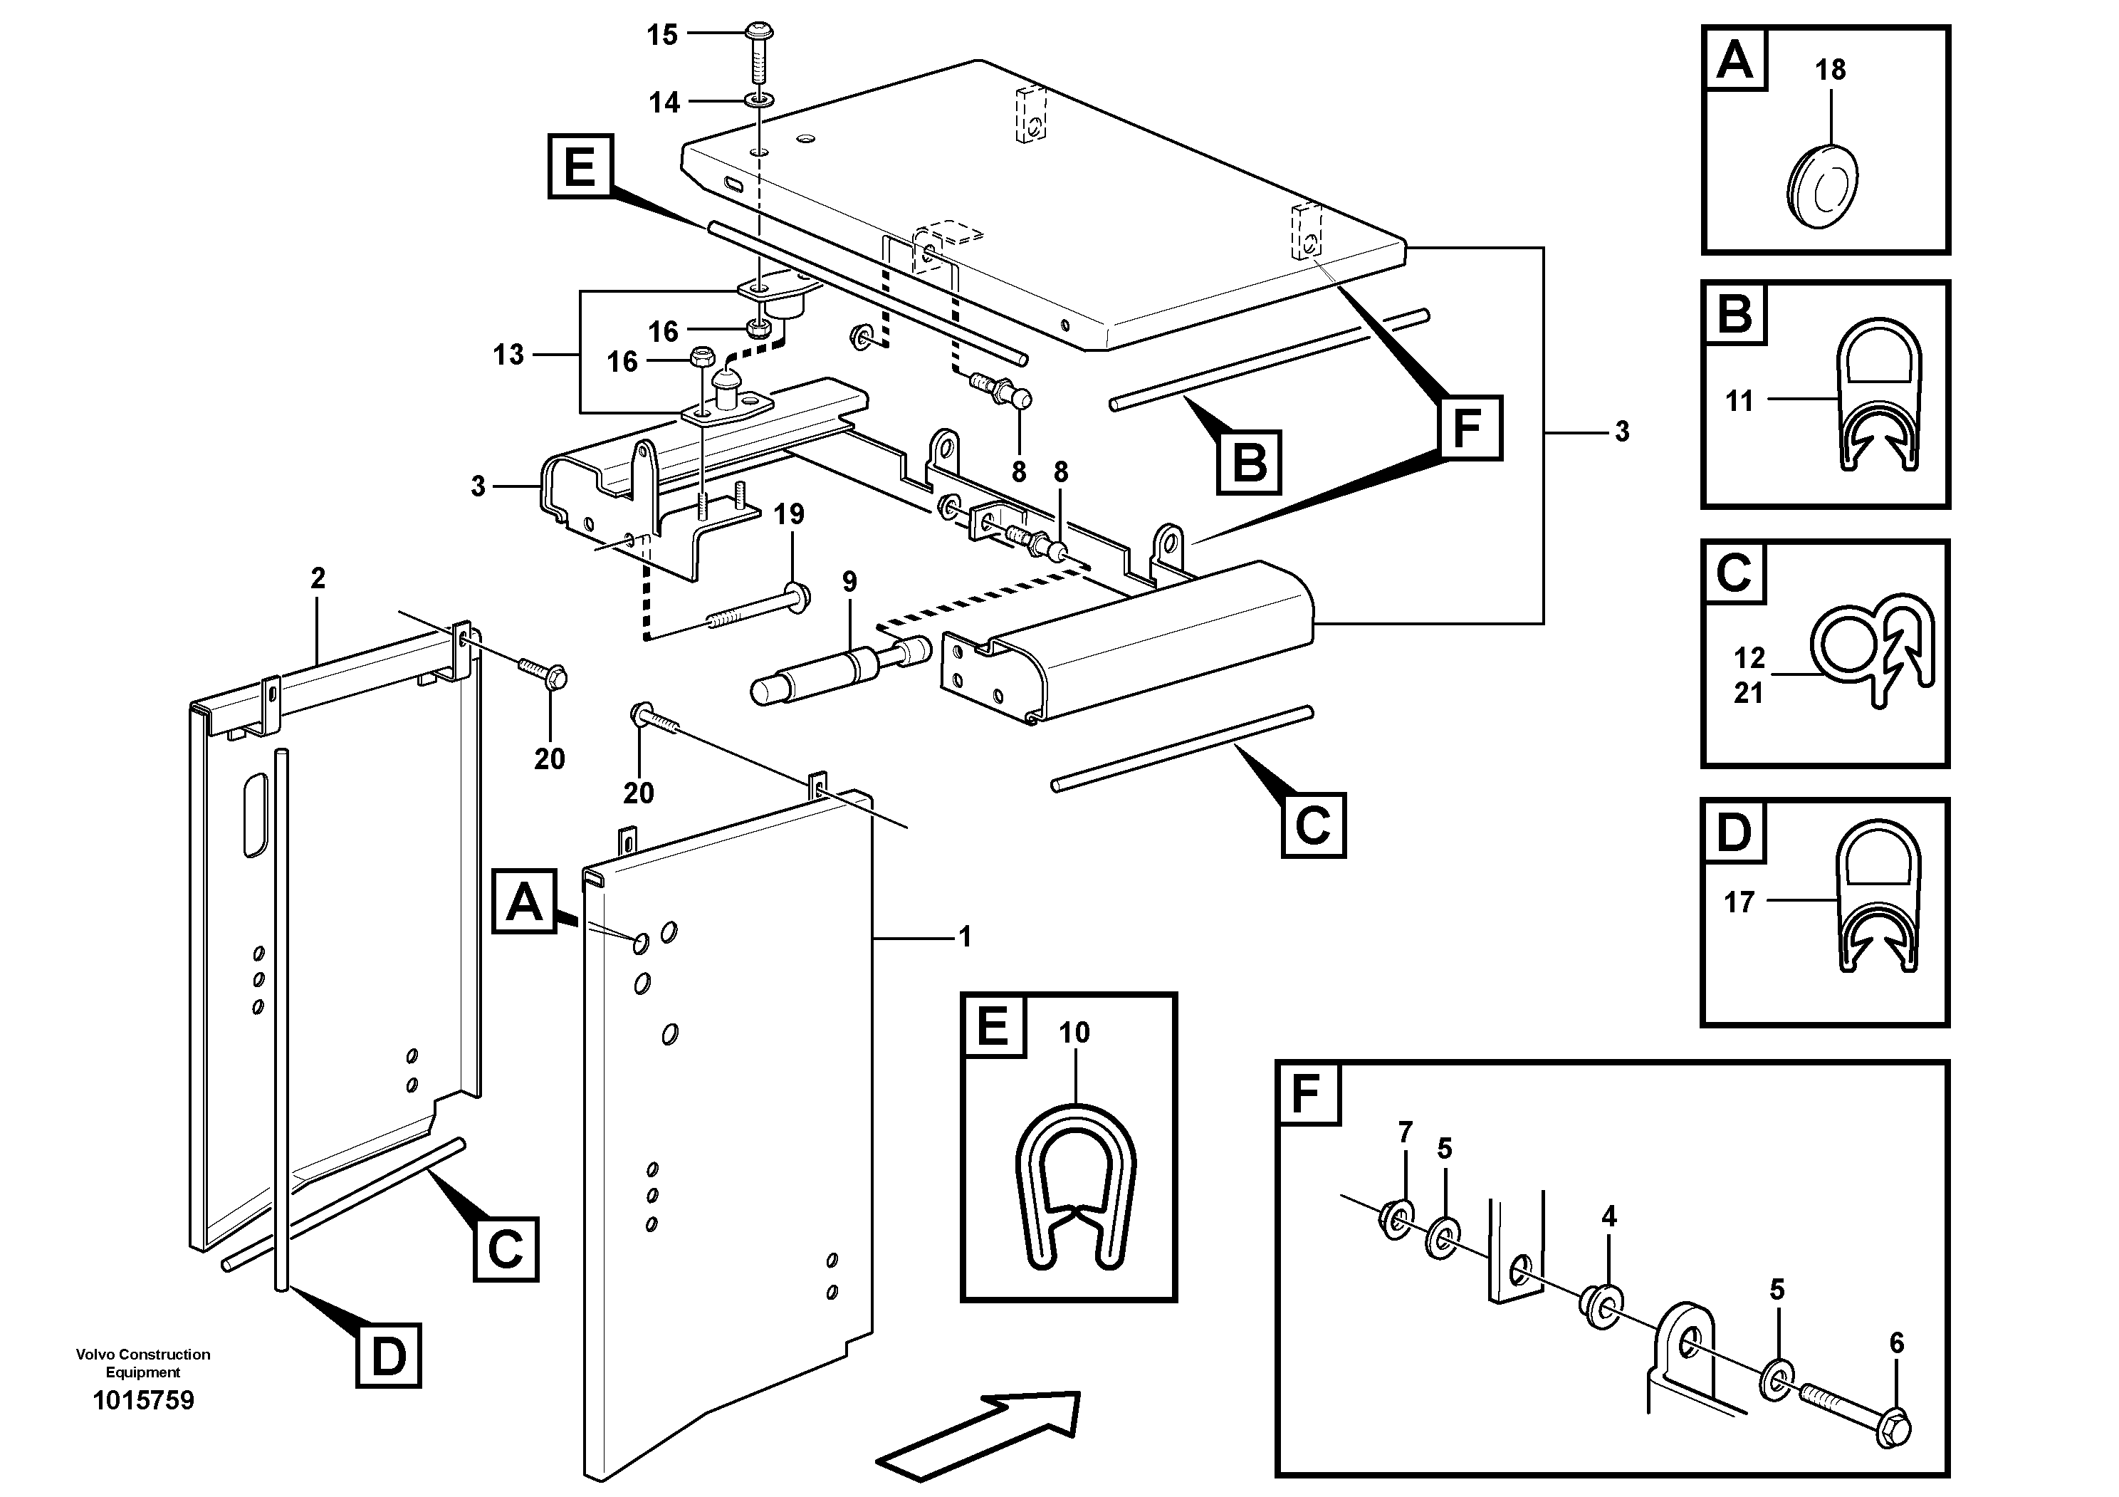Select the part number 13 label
tap(508, 355)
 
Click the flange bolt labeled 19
tap(766, 609)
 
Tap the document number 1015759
tap(143, 1400)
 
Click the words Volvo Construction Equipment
tap(143, 1362)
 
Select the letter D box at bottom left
tap(389, 1356)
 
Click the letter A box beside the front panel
tap(524, 901)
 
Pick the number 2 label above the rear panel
tap(318, 579)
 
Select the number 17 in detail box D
tap(1739, 902)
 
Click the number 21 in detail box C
tap(1748, 692)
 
